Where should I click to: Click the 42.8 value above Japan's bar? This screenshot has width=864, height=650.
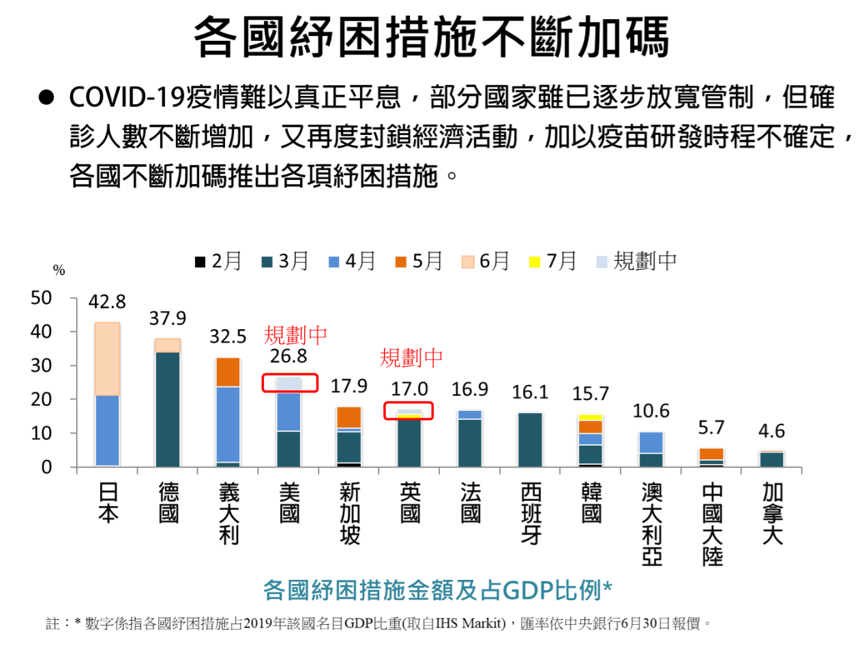107,302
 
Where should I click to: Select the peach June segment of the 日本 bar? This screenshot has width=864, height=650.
108,358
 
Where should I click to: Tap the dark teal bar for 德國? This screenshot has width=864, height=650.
168,409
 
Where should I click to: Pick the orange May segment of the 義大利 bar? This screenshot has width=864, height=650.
228,372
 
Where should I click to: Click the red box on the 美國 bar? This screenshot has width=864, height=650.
290,383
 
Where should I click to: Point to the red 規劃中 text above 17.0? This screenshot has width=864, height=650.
411,358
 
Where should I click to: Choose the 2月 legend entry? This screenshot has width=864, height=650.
218,261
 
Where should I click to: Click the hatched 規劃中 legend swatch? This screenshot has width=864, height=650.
601,262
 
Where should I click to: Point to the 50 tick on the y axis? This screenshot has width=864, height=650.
42,298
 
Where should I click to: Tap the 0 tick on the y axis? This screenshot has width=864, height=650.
46,467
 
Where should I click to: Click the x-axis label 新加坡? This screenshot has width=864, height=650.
350,513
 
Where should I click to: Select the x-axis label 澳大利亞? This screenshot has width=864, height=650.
652,524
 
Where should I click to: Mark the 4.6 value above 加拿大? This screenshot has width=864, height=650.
771,431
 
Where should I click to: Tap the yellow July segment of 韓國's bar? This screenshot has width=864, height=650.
591,417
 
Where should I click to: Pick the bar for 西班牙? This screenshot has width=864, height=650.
531,439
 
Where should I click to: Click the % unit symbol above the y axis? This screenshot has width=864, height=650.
59,270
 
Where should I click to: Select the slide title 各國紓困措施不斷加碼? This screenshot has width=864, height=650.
431,37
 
